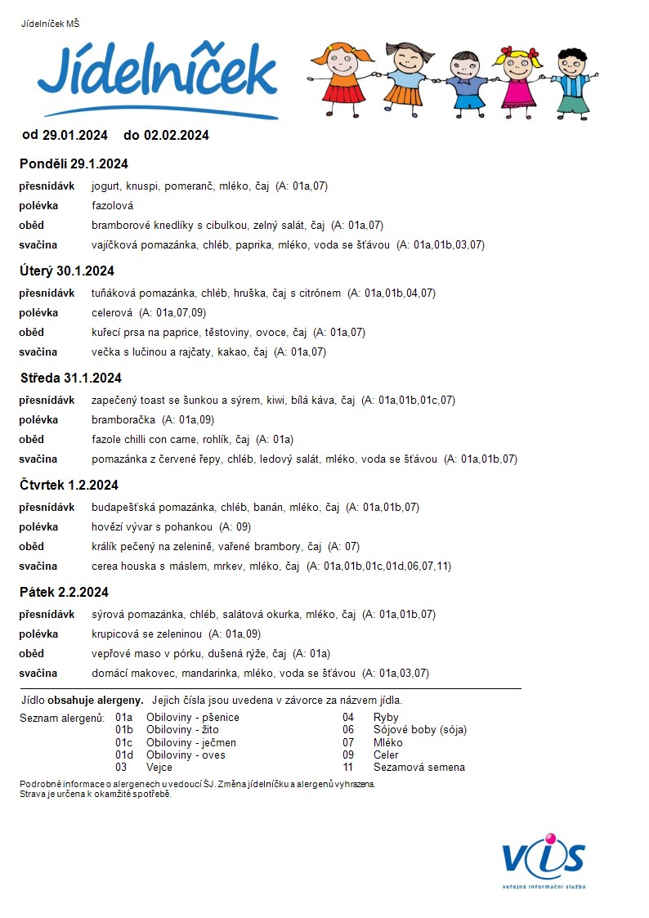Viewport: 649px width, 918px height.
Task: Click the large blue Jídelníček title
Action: tap(157, 75)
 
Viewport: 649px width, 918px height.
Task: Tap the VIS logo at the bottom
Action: tap(544, 858)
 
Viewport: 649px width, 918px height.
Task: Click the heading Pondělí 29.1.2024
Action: tap(74, 164)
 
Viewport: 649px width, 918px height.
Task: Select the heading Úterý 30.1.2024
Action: tap(67, 271)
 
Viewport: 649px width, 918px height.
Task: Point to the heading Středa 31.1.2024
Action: tap(70, 378)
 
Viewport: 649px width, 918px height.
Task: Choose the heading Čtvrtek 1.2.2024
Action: tap(69, 485)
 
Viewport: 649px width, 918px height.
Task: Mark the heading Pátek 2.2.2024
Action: tap(64, 592)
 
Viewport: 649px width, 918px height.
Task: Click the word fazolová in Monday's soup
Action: tap(112, 206)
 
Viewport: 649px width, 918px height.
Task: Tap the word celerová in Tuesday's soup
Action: tap(112, 312)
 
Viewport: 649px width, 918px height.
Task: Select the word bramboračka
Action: tap(123, 419)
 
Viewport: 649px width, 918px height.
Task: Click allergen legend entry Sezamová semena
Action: tap(418, 767)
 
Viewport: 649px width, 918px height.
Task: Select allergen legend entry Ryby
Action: tap(386, 718)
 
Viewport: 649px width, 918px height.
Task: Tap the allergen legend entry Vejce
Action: tap(159, 767)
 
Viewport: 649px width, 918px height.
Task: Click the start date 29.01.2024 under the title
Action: tap(74, 135)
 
